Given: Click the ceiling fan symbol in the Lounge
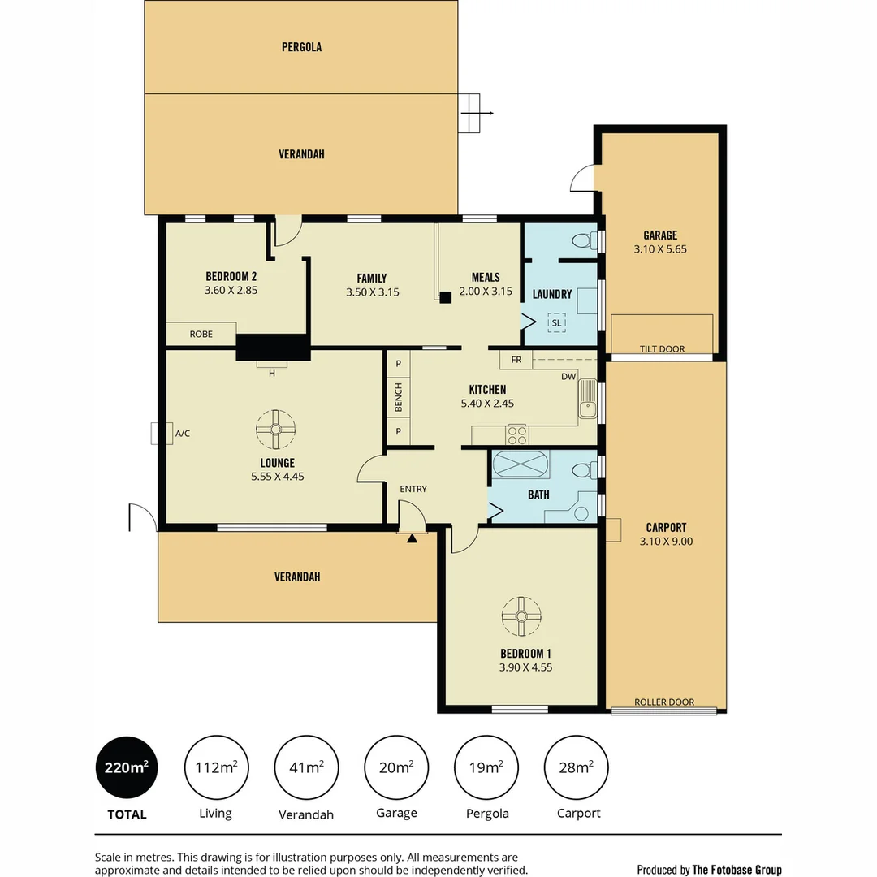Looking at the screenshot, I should pyautogui.click(x=276, y=430).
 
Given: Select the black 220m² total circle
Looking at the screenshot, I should pyautogui.click(x=126, y=767).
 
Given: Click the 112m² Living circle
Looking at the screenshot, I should pyautogui.click(x=216, y=767).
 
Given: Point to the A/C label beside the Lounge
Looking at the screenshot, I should pyautogui.click(x=183, y=434).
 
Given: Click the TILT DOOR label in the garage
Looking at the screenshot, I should pyautogui.click(x=662, y=349).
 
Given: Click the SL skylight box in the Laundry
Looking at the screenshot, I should pyautogui.click(x=556, y=322).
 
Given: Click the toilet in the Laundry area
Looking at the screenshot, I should pyautogui.click(x=583, y=240).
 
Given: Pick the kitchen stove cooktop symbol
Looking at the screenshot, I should pyautogui.click(x=516, y=434).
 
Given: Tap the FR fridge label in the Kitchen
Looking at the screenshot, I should pyautogui.click(x=516, y=359).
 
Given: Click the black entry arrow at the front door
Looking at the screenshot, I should pyautogui.click(x=412, y=538).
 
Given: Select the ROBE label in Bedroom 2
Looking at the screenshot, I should pyautogui.click(x=201, y=334).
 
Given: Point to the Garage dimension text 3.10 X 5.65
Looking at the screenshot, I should pyautogui.click(x=659, y=249).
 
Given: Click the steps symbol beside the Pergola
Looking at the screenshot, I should pyautogui.click(x=470, y=114).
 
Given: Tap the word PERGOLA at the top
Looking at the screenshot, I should pyautogui.click(x=301, y=47).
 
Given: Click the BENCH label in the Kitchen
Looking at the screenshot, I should pyautogui.click(x=398, y=397).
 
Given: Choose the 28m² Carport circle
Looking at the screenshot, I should pyautogui.click(x=575, y=767).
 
